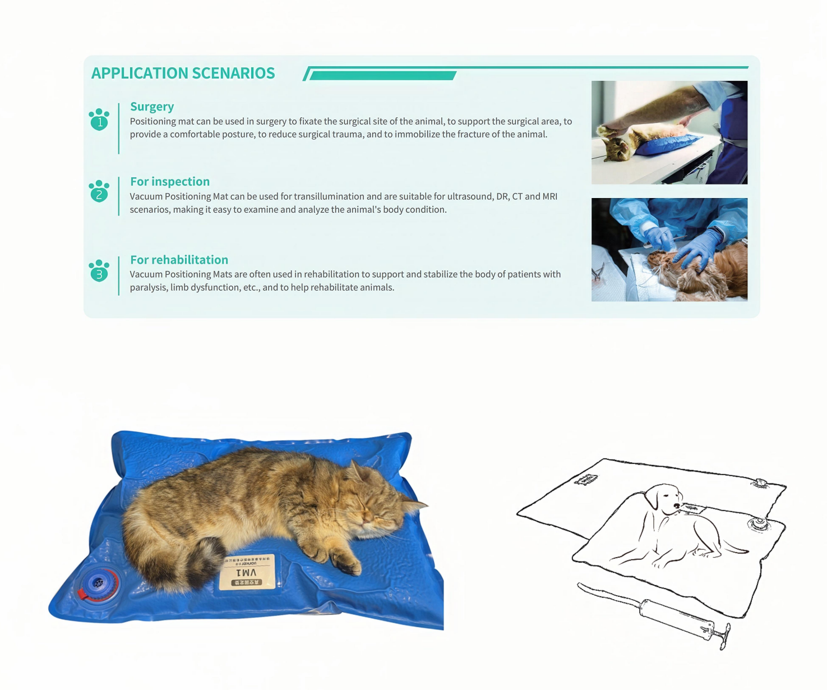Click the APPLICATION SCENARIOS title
[183, 73]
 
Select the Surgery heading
[152, 107]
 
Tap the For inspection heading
[170, 182]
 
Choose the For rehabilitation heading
[179, 260]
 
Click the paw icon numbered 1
[99, 119]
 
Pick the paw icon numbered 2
[99, 192]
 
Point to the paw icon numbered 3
[99, 272]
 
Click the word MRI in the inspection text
[549, 196]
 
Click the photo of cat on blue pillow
[669, 132]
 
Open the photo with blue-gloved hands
[669, 250]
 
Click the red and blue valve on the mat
[98, 585]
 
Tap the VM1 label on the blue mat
[247, 572]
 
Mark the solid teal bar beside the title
[382, 76]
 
